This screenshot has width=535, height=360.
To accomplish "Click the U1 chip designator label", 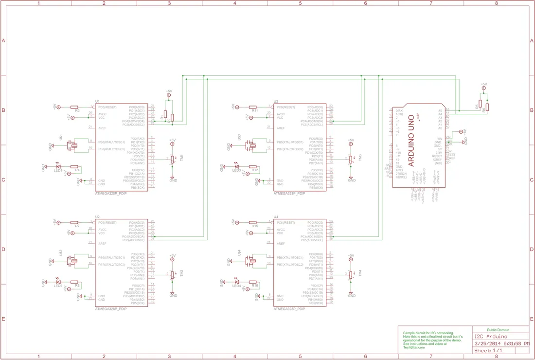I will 97,101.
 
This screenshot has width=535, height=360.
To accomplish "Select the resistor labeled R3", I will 74,107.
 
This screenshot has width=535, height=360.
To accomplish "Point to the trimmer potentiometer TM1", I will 172,159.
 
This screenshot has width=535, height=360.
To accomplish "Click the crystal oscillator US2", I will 73,260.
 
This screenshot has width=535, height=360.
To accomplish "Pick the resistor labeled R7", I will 74,222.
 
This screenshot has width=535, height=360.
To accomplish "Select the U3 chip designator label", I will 276,101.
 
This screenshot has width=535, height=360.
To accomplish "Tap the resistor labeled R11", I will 253,107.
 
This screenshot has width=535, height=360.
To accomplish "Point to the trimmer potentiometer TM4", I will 351,275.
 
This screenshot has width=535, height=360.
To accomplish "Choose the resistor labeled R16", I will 253,282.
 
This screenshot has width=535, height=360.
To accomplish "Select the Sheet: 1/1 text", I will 488,350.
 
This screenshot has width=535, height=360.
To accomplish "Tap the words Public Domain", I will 498,329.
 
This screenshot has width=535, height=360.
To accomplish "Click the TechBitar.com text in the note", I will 414,347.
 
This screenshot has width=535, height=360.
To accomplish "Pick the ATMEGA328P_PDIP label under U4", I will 290,308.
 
